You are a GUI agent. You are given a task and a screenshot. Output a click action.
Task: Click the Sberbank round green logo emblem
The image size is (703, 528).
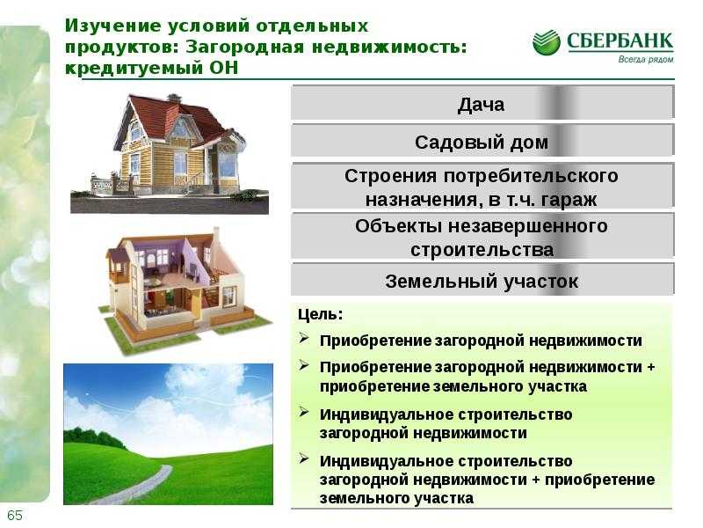[546, 42]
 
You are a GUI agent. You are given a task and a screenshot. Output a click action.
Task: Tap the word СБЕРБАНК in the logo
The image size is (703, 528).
[620, 41]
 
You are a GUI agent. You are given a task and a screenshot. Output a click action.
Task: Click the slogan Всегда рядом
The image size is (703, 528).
[646, 59]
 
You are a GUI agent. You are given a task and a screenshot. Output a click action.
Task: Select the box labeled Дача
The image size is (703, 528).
[482, 103]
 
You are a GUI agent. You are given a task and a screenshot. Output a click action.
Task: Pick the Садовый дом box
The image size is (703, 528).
[482, 142]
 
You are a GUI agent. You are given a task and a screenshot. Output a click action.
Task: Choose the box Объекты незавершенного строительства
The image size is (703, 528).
[482, 237]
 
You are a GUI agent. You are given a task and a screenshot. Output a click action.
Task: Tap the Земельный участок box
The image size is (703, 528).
[482, 281]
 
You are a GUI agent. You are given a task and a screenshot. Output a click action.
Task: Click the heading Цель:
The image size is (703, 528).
[320, 314]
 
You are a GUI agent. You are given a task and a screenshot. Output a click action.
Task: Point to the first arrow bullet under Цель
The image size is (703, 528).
[304, 338]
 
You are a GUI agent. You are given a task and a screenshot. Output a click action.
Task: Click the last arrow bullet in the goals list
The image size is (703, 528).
[304, 458]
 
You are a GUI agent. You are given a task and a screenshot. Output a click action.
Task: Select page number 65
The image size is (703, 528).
[14, 515]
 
